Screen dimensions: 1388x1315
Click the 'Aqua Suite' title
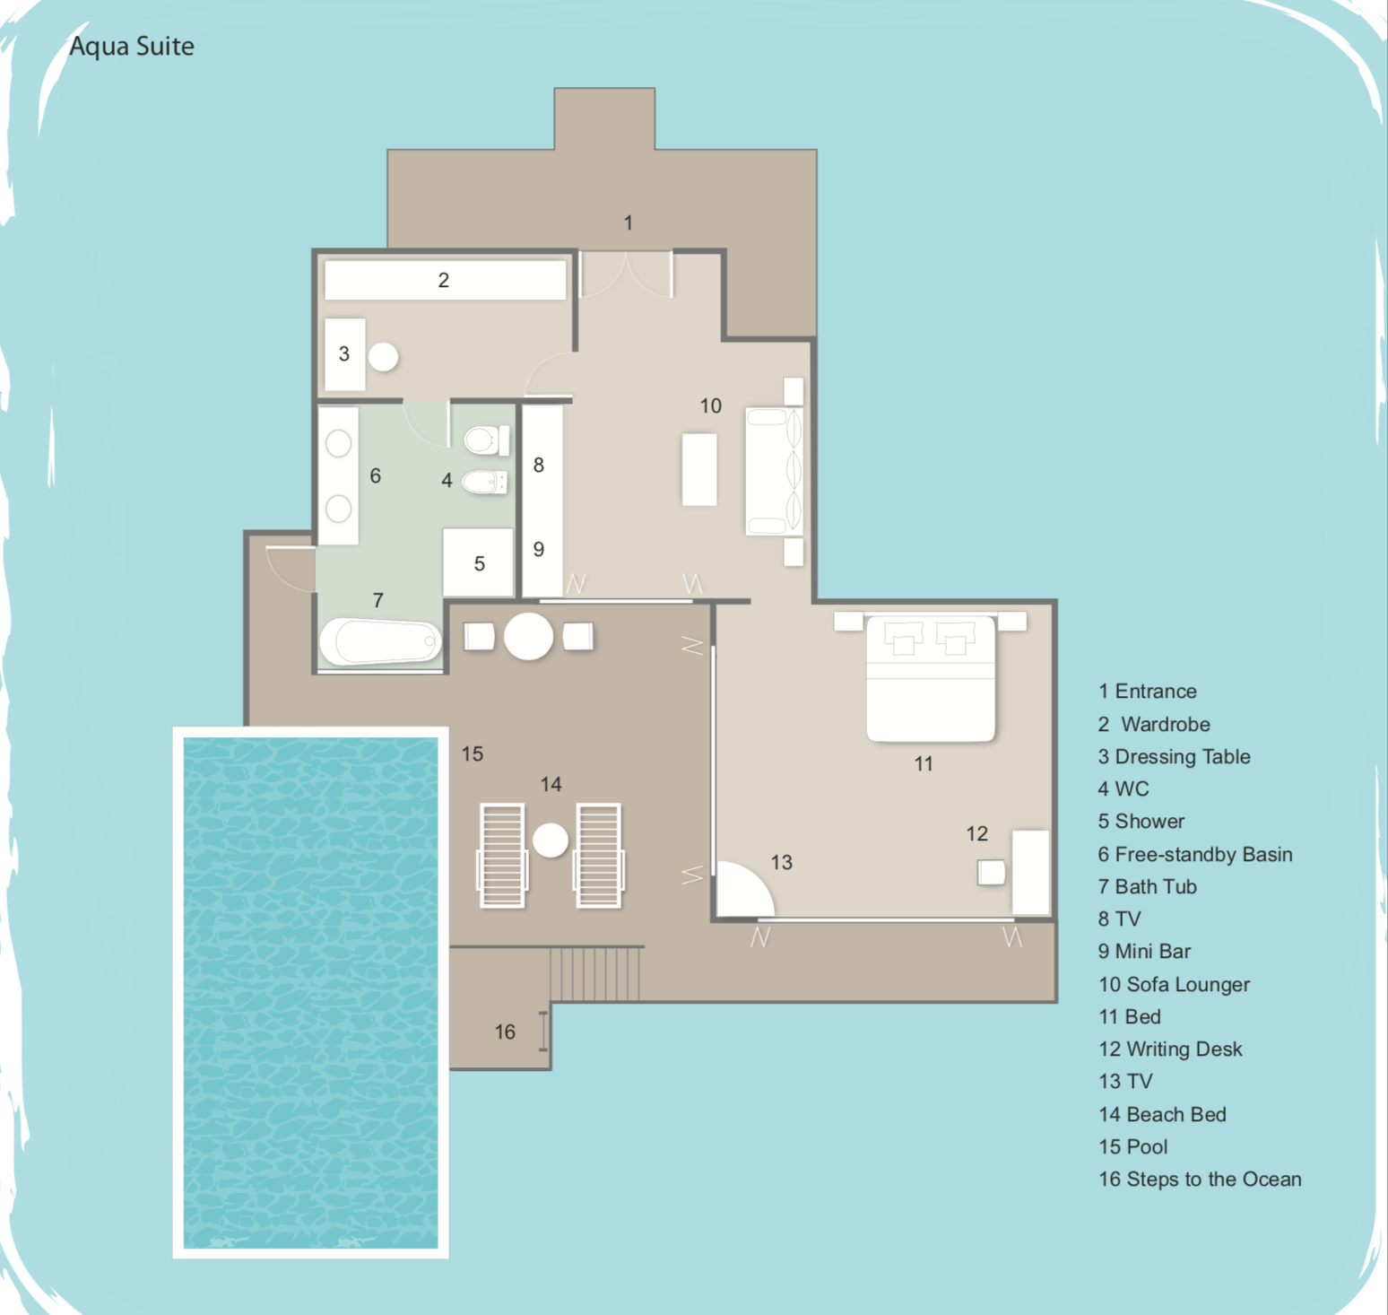coord(132,46)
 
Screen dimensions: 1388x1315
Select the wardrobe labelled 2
coord(445,280)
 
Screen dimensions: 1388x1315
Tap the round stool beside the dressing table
coord(384,357)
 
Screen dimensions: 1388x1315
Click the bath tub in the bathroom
coord(381,641)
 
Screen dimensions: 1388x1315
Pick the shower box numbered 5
coord(478,562)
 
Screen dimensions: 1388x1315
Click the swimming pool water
coord(311,992)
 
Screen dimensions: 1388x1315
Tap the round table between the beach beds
coord(551,840)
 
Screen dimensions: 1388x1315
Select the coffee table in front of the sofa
coord(699,469)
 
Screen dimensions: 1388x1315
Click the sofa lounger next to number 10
coord(775,472)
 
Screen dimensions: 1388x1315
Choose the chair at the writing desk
coord(991,873)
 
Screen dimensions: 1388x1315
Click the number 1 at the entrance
coord(629,222)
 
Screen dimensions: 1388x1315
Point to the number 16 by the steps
coord(505,1032)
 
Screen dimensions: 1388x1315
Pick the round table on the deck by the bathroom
coord(528,636)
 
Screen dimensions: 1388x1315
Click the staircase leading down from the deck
coord(595,974)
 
